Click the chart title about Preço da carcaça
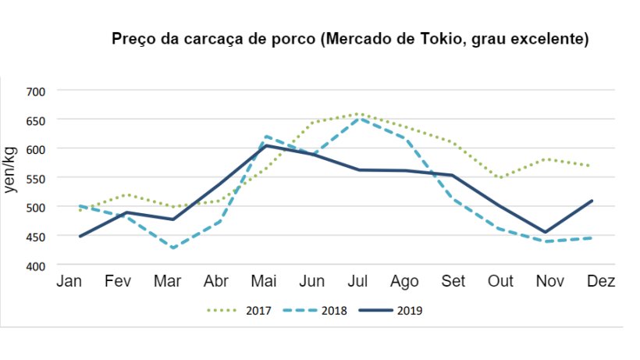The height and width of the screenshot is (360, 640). pyautogui.click(x=350, y=38)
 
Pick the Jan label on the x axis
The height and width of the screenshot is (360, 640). pyautogui.click(x=69, y=282)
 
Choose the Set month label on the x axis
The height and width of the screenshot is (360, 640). pyautogui.click(x=453, y=282)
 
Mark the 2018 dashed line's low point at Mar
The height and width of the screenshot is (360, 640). pyautogui.click(x=171, y=248)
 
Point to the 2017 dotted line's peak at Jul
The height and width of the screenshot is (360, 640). pyautogui.click(x=358, y=114)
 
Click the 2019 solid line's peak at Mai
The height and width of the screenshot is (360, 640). pyautogui.click(x=266, y=145)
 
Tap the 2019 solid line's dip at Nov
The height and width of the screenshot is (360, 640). pyautogui.click(x=546, y=232)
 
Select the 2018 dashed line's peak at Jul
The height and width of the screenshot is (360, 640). pyautogui.click(x=358, y=119)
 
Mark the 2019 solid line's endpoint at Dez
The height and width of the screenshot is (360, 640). pyautogui.click(x=592, y=201)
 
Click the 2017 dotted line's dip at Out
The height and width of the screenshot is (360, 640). pyautogui.click(x=499, y=178)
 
